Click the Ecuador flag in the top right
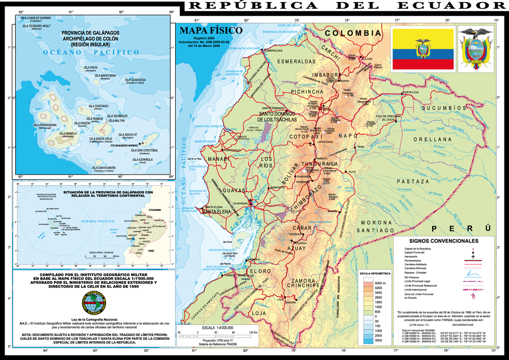click(422, 49)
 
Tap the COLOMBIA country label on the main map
click(353, 33)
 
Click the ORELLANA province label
click(433, 139)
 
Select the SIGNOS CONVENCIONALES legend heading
click(443, 240)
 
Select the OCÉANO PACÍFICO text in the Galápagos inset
click(92, 52)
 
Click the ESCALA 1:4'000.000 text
click(220, 327)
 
